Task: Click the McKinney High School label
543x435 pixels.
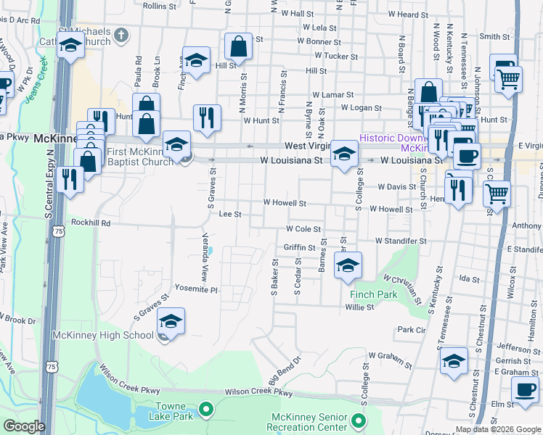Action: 102,336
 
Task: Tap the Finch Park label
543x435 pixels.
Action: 373,295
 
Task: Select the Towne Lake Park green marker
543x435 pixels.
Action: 206,411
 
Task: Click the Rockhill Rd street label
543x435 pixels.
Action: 91,223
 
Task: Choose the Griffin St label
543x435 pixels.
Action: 299,247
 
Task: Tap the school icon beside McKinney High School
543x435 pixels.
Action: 171,321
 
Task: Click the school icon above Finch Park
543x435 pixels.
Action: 348,266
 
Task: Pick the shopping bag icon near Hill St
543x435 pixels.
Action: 238,48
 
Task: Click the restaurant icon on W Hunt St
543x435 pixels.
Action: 207,117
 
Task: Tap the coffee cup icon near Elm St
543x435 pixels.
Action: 524,389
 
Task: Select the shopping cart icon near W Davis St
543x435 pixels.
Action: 497,194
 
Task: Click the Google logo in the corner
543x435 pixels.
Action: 23,426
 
